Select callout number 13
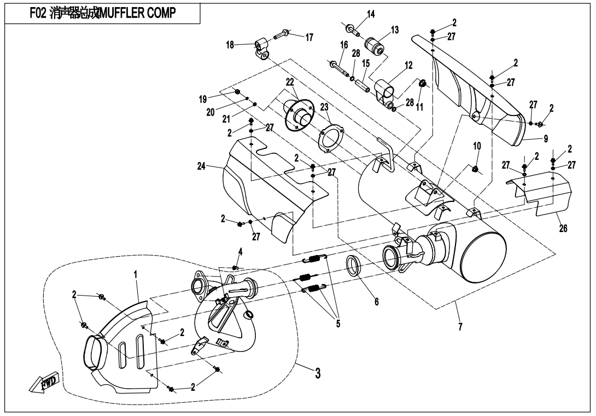point(394,30)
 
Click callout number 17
point(309,37)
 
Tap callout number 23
point(324,108)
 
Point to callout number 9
point(545,138)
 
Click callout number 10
point(477,146)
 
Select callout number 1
point(135,273)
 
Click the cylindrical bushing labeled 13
point(376,43)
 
